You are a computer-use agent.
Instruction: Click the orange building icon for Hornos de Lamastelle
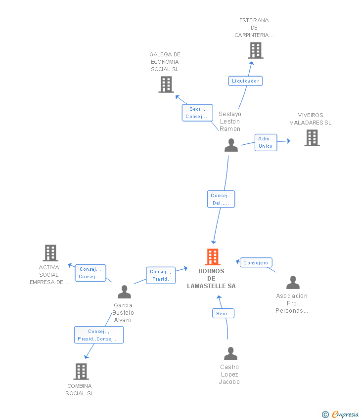pyautogui.click(x=213, y=257)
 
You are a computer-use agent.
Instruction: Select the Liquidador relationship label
pyautogui.click(x=245, y=81)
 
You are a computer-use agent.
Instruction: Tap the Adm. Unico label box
pyautogui.click(x=266, y=142)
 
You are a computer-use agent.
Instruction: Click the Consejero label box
pyautogui.click(x=256, y=263)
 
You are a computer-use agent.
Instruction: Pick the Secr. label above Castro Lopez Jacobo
pyautogui.click(x=223, y=313)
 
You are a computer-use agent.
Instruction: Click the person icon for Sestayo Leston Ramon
pyautogui.click(x=231, y=145)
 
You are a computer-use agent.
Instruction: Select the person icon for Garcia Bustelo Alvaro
pyautogui.click(x=124, y=292)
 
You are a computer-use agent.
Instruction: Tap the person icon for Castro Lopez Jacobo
pyautogui.click(x=230, y=354)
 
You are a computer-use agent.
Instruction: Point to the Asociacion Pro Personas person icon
pyautogui.click(x=293, y=283)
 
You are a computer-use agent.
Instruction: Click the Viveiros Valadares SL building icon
pyautogui.click(x=312, y=138)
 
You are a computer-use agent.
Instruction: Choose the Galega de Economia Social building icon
pyautogui.click(x=166, y=84)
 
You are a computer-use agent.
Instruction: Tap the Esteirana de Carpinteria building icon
pyautogui.click(x=255, y=50)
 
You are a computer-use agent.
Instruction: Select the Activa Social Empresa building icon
pyautogui.click(x=50, y=253)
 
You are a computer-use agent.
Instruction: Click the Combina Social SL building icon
pyautogui.click(x=81, y=372)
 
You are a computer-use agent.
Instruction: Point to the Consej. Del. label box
pyautogui.click(x=221, y=199)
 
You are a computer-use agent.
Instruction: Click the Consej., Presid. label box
pyautogui.click(x=161, y=275)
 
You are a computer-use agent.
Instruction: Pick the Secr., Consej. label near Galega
pyautogui.click(x=197, y=113)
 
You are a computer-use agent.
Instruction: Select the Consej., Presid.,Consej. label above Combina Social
pyautogui.click(x=99, y=335)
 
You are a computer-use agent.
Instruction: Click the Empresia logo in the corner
pyautogui.click(x=341, y=414)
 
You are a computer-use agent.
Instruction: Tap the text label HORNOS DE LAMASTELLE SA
pyautogui.click(x=212, y=279)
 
